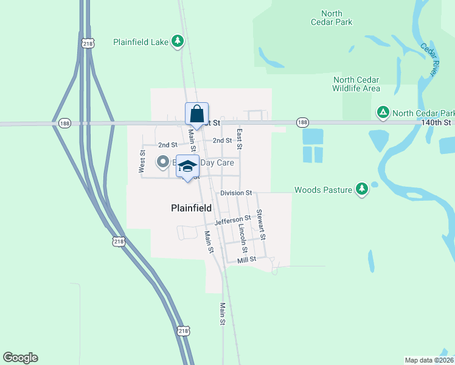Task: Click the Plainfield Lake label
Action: (141, 42)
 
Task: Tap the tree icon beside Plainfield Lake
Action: (177, 41)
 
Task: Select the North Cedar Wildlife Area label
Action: (356, 85)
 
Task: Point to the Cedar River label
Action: (429, 59)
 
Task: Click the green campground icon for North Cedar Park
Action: (383, 113)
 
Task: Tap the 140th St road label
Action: (436, 122)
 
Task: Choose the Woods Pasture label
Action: (323, 190)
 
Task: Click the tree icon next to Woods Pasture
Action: (362, 189)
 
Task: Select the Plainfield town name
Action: (191, 208)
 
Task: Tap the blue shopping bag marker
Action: (196, 114)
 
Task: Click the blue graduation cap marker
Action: (188, 166)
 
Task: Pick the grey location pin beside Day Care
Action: (163, 162)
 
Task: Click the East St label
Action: (240, 139)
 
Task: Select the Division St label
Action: (236, 193)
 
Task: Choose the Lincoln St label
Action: (243, 238)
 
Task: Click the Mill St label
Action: (247, 259)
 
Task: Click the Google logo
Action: (20, 358)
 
